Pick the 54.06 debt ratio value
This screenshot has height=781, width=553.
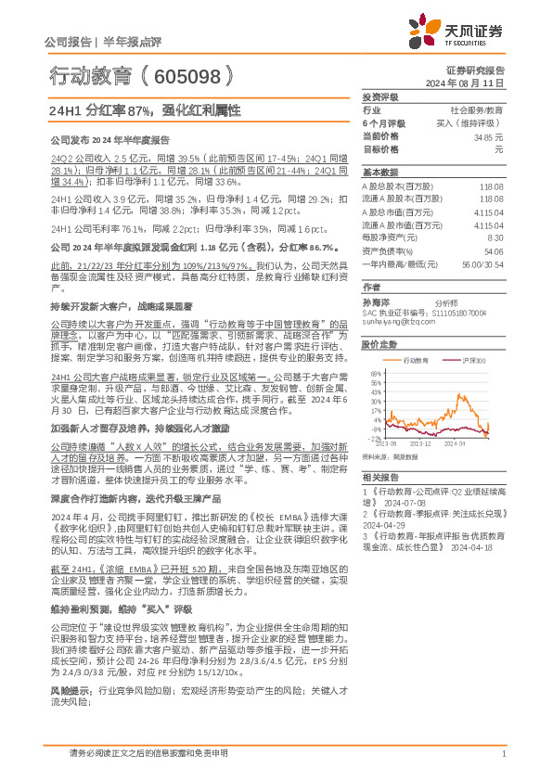[494, 250]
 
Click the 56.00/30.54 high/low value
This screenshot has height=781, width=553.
[483, 263]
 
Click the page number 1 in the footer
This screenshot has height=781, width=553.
[501, 753]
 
